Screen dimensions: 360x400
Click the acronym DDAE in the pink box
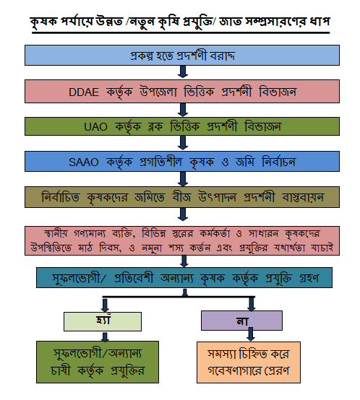click(x=84, y=92)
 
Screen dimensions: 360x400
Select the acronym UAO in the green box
click(x=95, y=127)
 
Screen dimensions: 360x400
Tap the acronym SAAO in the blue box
click(x=83, y=162)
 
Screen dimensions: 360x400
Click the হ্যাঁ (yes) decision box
click(x=103, y=321)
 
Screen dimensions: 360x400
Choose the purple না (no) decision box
click(x=241, y=321)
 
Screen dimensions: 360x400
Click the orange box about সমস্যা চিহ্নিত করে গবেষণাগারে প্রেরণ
click(x=249, y=362)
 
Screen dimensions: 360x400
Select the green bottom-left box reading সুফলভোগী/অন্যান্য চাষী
click(x=98, y=362)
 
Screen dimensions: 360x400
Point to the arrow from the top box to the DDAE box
click(x=183, y=71)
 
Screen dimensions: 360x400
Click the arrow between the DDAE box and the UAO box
click(x=183, y=110)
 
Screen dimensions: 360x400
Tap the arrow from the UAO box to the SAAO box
click(x=183, y=143)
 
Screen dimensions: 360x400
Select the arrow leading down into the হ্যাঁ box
click(x=105, y=305)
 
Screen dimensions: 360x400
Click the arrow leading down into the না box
click(x=252, y=304)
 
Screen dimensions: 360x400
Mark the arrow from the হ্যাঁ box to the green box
click(x=105, y=336)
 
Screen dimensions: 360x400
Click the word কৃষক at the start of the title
click(x=43, y=22)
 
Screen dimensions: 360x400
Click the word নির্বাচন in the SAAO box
click(x=278, y=162)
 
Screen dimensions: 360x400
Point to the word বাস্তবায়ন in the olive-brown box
click(x=303, y=197)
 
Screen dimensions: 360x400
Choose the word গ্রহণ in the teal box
click(x=309, y=278)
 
